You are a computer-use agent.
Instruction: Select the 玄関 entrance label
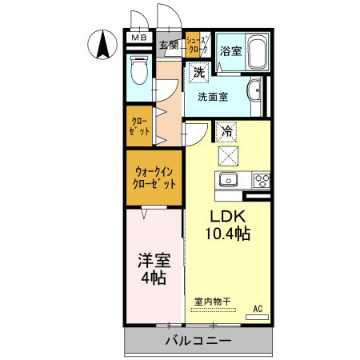tap(168, 45)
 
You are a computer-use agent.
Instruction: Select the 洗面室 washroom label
tap(213, 97)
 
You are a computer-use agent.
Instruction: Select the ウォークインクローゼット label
tap(154, 177)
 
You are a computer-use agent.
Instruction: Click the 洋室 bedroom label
tap(153, 260)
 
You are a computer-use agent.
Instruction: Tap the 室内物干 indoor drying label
tap(212, 302)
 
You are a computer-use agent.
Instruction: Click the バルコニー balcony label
tap(198, 341)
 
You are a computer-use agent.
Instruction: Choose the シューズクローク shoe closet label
tap(196, 45)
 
